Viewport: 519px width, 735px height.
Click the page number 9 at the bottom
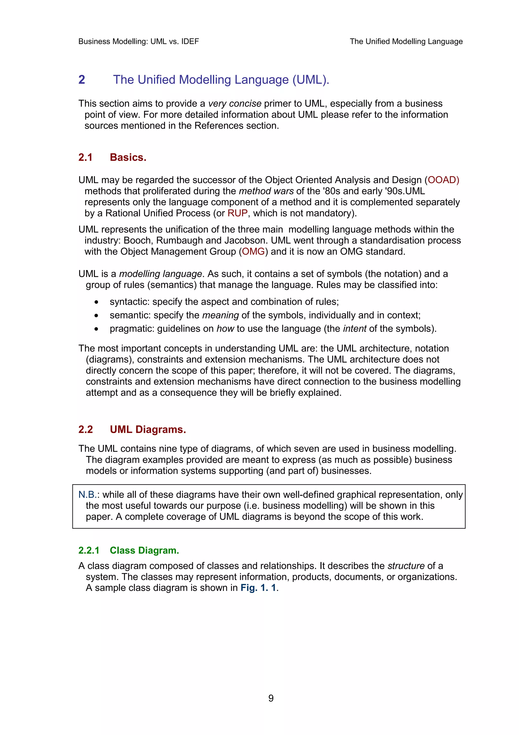click(x=271, y=698)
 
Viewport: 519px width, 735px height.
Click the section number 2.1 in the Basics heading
click(x=85, y=157)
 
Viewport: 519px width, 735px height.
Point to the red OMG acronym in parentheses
click(x=253, y=252)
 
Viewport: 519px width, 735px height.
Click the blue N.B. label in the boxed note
click(x=87, y=495)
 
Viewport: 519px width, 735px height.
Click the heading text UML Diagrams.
click(x=148, y=429)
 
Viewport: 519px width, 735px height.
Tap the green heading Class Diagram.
click(x=144, y=550)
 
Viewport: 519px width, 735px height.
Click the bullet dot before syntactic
click(x=96, y=302)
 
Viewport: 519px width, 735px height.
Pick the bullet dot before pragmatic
click(x=96, y=329)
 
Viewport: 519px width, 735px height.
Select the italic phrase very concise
click(x=235, y=104)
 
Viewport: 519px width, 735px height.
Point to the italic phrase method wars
click(x=266, y=191)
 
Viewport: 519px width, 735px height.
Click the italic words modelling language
click(x=160, y=274)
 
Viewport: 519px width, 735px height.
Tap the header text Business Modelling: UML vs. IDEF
click(x=138, y=42)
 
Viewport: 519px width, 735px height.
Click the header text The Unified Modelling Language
click(x=406, y=42)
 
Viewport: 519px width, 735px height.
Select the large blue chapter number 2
click(x=82, y=80)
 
